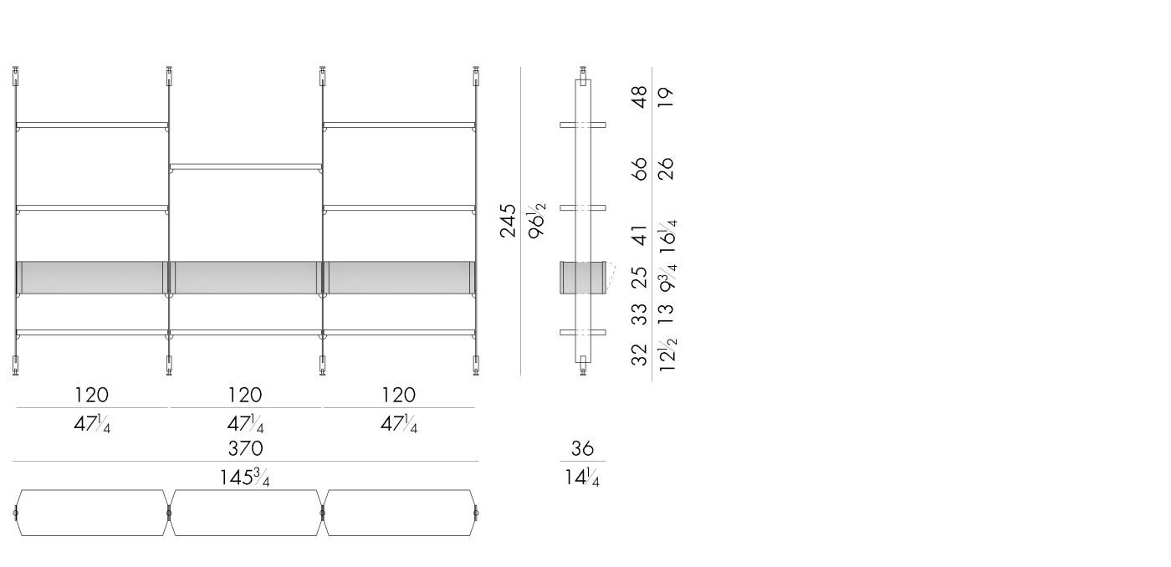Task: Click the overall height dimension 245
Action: pos(508,221)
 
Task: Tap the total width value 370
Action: pos(245,448)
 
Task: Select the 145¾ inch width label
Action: pos(244,478)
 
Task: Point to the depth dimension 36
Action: pos(582,448)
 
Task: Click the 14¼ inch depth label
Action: pos(582,478)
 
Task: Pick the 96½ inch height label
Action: pos(536,221)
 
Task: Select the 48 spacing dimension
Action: pos(639,97)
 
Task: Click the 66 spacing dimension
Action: pos(639,169)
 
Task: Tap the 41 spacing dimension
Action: pos(639,236)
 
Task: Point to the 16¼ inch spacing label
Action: pos(667,237)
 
